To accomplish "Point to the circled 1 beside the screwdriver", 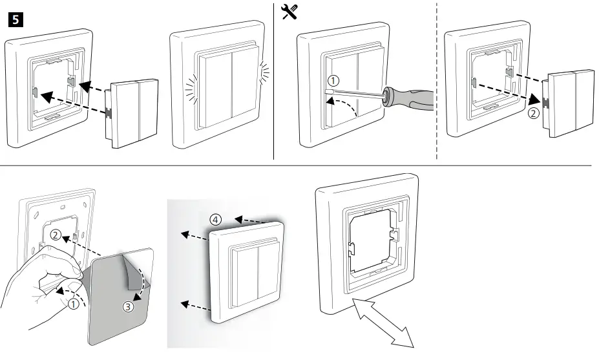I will point(333,81).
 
